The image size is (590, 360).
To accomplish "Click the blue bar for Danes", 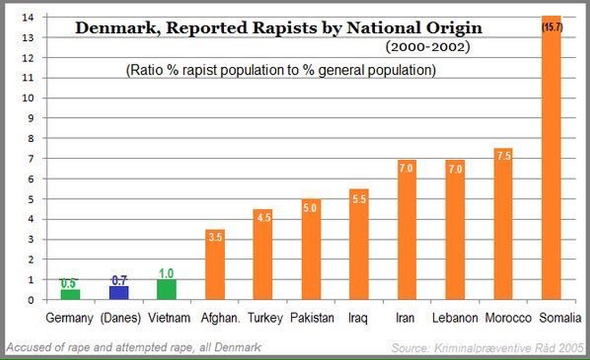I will coord(119,293).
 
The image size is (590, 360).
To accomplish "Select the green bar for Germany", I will coord(70,294).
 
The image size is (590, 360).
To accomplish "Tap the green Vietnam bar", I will coord(167,289).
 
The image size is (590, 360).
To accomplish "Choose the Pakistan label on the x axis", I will coord(312,318).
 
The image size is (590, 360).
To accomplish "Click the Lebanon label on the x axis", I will coord(455,318).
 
